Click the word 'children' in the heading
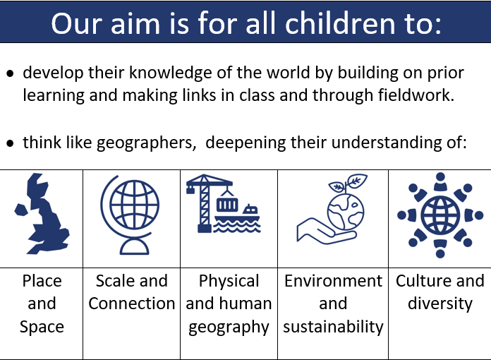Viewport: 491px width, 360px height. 340,23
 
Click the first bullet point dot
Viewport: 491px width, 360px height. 11,74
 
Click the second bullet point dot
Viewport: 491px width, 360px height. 11,143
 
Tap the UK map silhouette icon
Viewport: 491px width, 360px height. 42,214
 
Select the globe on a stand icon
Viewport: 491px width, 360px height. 130,215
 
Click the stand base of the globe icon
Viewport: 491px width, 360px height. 134,247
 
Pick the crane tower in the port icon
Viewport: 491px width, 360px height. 205,205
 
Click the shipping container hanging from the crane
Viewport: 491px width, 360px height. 227,205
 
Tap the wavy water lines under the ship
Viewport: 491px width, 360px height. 237,226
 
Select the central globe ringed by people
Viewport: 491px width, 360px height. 440,215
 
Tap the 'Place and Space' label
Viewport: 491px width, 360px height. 42,304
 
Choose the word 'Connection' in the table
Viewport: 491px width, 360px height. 131,304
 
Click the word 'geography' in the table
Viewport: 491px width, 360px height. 229,328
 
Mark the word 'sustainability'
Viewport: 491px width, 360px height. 333,327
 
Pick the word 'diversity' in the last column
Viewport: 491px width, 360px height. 440,304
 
